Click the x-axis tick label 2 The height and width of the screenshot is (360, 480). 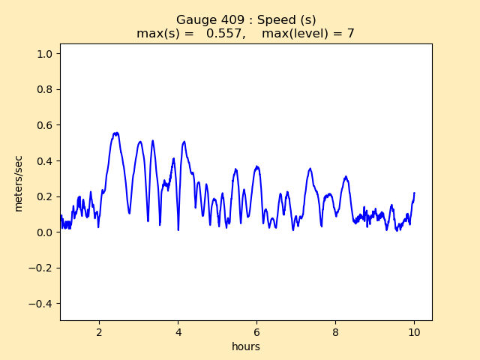coord(99,331)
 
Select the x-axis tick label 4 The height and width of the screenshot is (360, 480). coord(178,331)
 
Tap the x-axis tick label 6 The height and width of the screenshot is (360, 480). coord(256,331)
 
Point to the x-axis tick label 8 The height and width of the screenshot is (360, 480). coord(335,331)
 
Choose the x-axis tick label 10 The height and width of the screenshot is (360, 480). coord(414,331)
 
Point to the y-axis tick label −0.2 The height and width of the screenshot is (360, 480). coord(43,268)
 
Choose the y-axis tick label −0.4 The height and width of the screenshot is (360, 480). coord(43,304)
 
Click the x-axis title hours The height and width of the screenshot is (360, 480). coord(245,346)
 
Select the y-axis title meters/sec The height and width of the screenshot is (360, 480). coord(19,183)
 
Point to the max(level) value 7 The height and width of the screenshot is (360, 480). coord(350,34)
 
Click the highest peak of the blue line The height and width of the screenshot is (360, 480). coord(116,133)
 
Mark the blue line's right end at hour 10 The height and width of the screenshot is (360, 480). coord(414,193)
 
